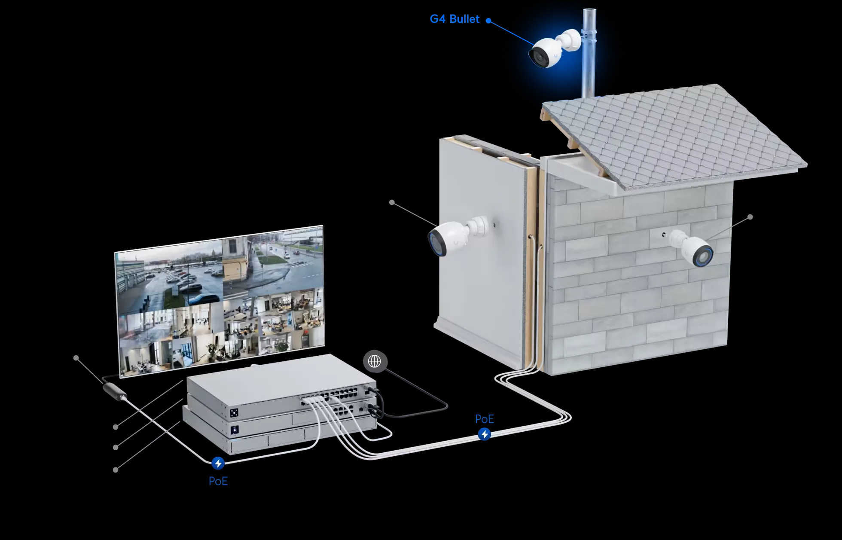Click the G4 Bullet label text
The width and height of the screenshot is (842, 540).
(x=455, y=19)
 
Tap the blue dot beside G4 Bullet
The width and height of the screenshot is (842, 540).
(x=488, y=20)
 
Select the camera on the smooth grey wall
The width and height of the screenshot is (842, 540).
(x=457, y=235)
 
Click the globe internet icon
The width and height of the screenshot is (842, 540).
(x=375, y=361)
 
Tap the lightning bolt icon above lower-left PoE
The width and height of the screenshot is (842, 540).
(x=218, y=463)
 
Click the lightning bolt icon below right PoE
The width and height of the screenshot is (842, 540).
(x=485, y=434)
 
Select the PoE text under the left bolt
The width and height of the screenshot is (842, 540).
(x=218, y=481)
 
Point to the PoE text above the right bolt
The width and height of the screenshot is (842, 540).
(x=485, y=419)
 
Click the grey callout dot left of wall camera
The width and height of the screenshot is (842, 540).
(x=392, y=202)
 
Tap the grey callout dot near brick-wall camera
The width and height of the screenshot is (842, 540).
(x=750, y=217)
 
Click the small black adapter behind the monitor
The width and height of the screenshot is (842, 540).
(x=115, y=391)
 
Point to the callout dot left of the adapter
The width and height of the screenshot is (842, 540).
(x=76, y=358)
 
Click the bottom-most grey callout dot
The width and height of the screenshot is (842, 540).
(x=116, y=470)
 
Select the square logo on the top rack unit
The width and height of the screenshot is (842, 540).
(x=234, y=413)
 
